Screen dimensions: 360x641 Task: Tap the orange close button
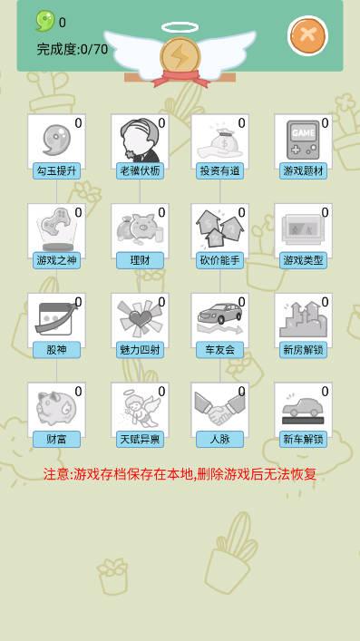[308, 36]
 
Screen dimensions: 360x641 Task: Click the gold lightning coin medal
[180, 58]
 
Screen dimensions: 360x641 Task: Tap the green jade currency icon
[45, 21]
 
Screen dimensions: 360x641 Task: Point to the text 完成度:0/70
[73, 50]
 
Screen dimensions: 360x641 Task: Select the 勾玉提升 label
[57, 170]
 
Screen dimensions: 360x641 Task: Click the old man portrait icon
[140, 141]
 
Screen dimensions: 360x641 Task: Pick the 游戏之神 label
[57, 260]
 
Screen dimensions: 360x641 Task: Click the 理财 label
[140, 260]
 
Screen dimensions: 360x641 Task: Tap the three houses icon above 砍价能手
[219, 228]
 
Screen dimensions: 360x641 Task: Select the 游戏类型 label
[303, 260]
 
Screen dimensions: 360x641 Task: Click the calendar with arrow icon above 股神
[56, 318]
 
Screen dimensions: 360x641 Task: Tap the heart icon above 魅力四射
[140, 318]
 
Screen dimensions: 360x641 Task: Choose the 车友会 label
[219, 350]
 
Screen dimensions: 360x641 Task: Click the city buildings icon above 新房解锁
[303, 319]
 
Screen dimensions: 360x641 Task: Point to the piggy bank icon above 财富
[56, 407]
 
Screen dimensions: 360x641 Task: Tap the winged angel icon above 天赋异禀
[139, 409]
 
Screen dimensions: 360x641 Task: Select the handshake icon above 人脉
[219, 408]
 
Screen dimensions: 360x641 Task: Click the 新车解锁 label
[303, 440]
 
